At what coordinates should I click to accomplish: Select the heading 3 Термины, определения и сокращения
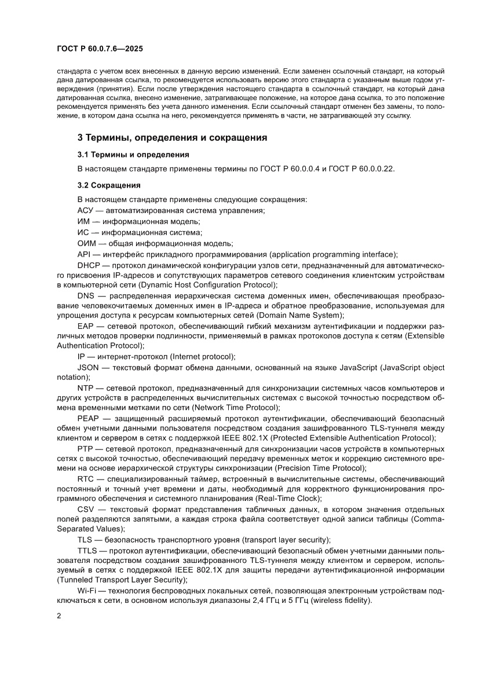click(x=172, y=138)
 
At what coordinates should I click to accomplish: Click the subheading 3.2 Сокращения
click(x=109, y=185)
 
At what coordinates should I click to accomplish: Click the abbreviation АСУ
click(x=86, y=211)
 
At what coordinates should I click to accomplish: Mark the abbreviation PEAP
click(x=88, y=418)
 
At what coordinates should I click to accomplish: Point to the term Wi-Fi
click(x=87, y=590)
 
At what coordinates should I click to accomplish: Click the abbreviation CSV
click(x=87, y=509)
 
